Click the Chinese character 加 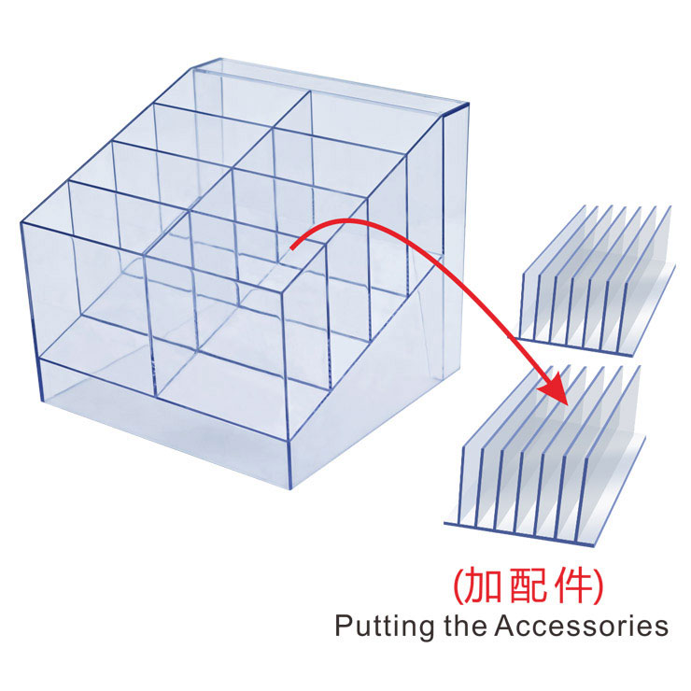coord(485,585)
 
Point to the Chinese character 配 coord(529,585)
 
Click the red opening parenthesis coord(458,586)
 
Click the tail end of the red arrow coord(293,247)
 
